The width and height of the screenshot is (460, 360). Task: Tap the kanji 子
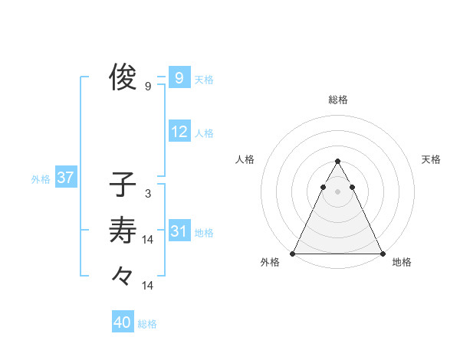click(123, 185)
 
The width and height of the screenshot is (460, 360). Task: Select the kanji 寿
click(123, 229)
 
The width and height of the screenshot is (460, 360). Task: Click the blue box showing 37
click(65, 178)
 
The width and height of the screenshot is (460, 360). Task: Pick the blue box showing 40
click(123, 322)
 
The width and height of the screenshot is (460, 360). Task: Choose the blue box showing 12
click(179, 132)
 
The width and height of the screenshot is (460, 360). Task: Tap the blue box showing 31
click(179, 231)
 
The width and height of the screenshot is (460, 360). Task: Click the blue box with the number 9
click(179, 77)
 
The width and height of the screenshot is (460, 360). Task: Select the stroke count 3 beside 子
click(147, 194)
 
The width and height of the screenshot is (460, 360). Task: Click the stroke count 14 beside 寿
click(148, 240)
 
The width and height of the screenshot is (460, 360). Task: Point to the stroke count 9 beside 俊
click(148, 87)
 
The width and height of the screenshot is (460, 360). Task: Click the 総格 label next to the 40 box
click(147, 324)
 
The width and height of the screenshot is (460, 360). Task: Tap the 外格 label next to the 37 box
click(41, 180)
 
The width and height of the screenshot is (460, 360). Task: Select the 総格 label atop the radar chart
click(338, 100)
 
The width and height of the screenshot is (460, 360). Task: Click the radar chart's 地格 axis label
click(402, 262)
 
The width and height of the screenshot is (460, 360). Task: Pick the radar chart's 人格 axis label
click(245, 159)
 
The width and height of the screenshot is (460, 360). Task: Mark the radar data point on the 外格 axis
click(293, 254)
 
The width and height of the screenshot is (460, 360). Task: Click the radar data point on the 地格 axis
click(382, 254)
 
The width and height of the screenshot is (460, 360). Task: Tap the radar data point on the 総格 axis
click(337, 162)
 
